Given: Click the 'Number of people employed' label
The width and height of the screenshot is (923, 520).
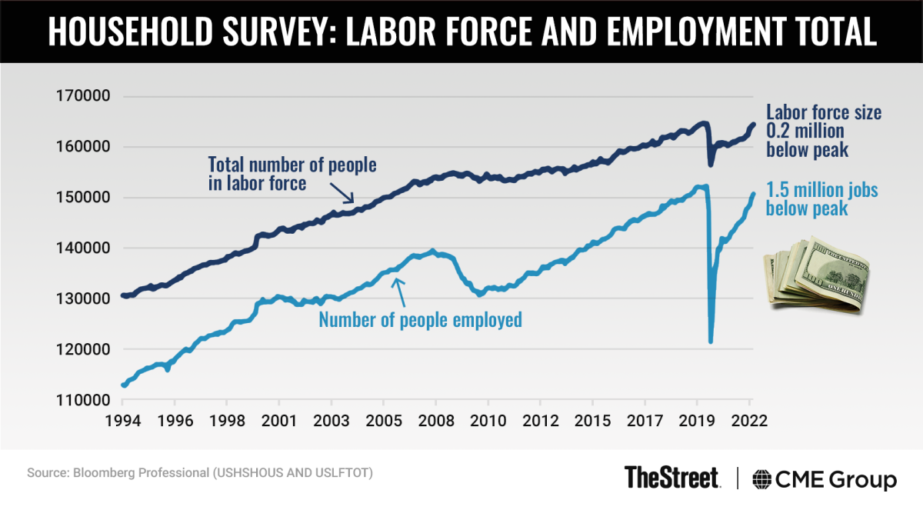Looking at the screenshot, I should pos(420,319).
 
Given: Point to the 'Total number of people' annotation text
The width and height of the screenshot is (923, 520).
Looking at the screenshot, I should pos(293,164).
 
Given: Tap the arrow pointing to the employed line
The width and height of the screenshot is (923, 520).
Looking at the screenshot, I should pos(398,288).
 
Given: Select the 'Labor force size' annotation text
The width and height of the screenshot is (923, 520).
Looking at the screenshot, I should pos(824,113).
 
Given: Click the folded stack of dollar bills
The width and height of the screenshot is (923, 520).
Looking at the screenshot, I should pos(815,277).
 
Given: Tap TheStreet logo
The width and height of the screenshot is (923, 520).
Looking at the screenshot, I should pos(671,478).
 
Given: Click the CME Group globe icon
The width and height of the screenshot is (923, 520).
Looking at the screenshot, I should pos(763,479).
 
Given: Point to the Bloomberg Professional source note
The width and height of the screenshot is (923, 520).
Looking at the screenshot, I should pos(199,472).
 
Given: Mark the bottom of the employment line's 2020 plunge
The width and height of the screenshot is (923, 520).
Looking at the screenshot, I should pos(711,342).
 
